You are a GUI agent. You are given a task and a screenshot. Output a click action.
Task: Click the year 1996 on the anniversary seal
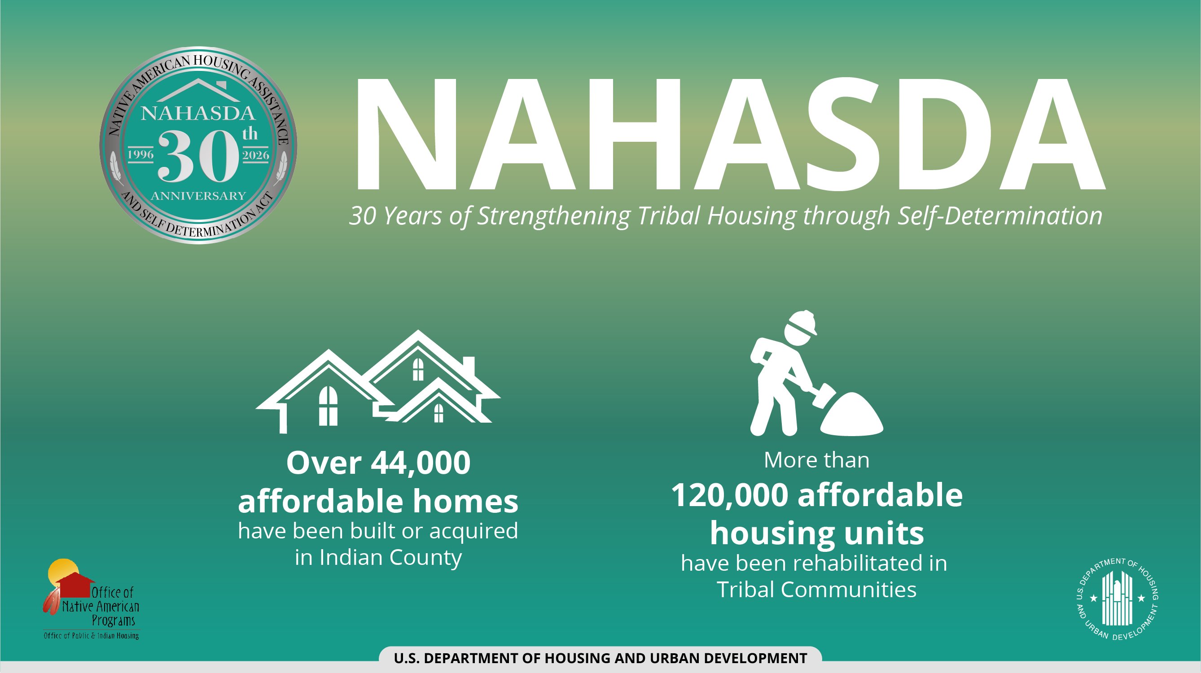pos(141,155)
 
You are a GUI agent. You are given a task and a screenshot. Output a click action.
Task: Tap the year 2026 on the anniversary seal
pos(256,155)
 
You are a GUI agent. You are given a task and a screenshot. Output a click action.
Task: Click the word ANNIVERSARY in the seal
pos(198,196)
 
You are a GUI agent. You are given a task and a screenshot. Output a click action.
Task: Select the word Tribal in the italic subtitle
pos(669,215)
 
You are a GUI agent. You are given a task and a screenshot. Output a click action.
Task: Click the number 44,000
pos(421,463)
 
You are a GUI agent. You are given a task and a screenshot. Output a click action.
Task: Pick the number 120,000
pos(730,495)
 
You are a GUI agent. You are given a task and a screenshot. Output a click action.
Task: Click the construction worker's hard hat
pos(802,323)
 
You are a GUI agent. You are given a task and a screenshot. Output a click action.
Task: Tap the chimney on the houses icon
pos(469,365)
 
